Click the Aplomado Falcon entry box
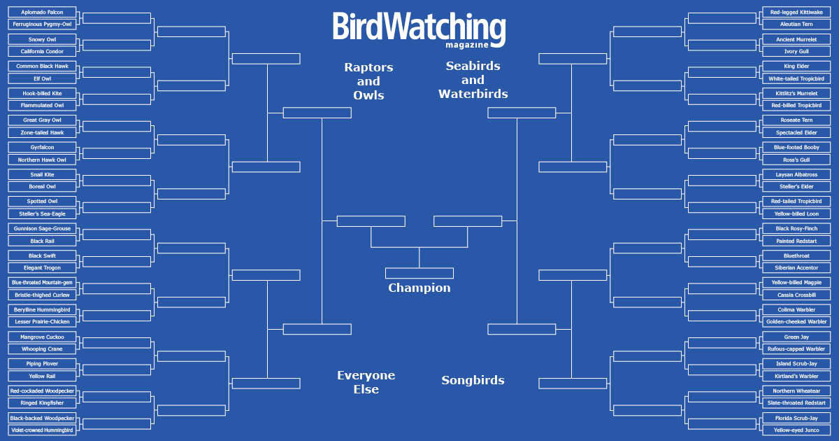click(x=42, y=13)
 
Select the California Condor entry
click(x=42, y=51)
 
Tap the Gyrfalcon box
click(x=42, y=148)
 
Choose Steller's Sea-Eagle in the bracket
click(x=42, y=213)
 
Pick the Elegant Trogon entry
click(x=42, y=267)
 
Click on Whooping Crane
click(x=42, y=349)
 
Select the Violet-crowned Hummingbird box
click(x=42, y=430)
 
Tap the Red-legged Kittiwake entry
click(x=796, y=13)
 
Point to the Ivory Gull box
click(x=796, y=51)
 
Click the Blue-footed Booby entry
click(x=796, y=148)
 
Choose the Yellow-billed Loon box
click(x=796, y=213)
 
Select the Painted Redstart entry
click(x=796, y=241)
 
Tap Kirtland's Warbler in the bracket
click(x=796, y=376)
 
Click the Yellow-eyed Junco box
click(x=796, y=430)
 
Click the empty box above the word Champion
click(x=419, y=273)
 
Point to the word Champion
click(x=419, y=288)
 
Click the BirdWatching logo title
click(x=419, y=28)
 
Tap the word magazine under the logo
click(x=467, y=45)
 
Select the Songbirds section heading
click(x=473, y=380)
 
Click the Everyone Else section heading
click(x=366, y=382)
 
